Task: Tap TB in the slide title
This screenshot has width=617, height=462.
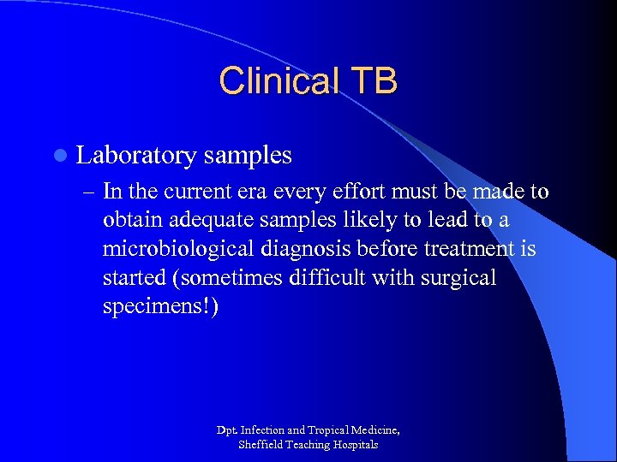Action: coord(373,81)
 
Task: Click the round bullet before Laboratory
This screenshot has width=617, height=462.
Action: coord(59,156)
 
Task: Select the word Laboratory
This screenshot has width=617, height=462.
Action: coord(136,156)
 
